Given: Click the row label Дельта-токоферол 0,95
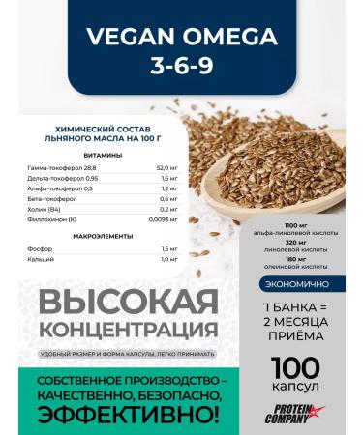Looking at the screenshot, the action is (89, 179).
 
